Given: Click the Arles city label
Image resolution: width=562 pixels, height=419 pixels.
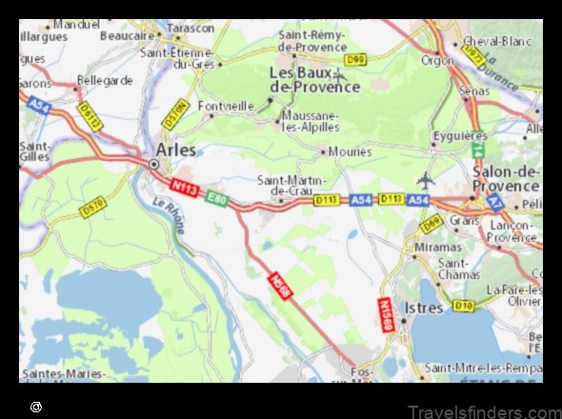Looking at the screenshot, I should [175, 150].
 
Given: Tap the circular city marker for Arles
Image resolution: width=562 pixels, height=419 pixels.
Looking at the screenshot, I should [154, 165].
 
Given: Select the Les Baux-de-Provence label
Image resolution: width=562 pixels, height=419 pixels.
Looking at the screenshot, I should [314, 79].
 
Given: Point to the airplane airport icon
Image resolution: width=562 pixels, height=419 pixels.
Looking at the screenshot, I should [425, 179].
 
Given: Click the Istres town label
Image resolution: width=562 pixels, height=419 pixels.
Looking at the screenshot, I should [423, 308].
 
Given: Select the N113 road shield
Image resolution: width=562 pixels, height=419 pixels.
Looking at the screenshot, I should [185, 189].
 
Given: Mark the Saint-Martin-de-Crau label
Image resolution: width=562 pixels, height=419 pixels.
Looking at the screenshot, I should [291, 185].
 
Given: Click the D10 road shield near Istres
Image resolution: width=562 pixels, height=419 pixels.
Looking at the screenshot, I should [463, 305].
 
